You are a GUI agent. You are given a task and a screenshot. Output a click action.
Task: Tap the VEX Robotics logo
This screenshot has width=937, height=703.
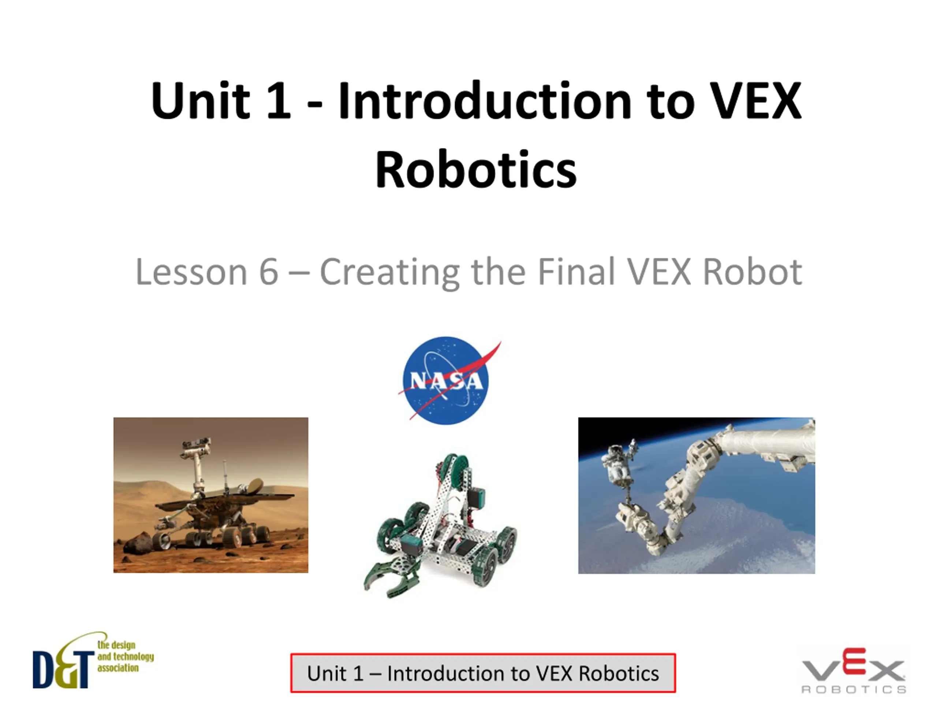[854, 671]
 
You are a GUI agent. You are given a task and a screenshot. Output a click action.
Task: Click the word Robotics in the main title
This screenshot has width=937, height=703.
[476, 170]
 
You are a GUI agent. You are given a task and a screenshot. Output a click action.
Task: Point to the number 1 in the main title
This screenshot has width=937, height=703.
[278, 101]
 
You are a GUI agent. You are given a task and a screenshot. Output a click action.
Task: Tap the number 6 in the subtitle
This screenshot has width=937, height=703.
[269, 272]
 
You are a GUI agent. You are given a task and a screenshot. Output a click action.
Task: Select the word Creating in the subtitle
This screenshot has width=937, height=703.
[390, 273]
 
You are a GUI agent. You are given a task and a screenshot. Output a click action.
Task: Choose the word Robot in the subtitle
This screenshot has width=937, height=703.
[752, 272]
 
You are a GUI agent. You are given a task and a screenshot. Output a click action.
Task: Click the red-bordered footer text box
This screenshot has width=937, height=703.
[483, 673]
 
